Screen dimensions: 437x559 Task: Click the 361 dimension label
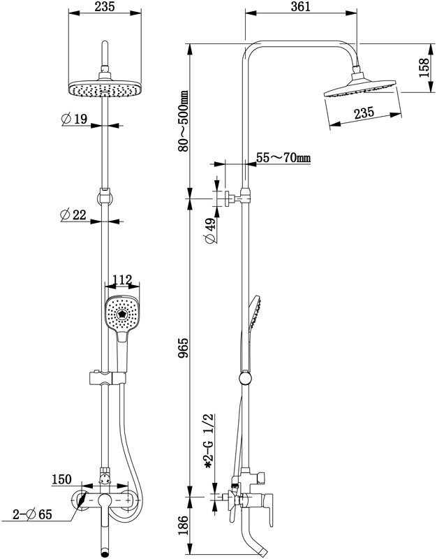pos(300,6)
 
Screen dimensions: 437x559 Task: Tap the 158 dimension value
pos(424,68)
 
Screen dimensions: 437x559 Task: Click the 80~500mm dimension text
pos(183,121)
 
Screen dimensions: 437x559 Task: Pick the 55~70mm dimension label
pos(283,157)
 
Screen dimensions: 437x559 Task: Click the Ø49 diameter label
pos(210,231)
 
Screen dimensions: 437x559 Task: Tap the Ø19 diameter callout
pos(74,119)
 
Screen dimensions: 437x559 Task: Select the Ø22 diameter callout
pos(73,215)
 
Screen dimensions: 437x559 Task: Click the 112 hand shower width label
pos(122,280)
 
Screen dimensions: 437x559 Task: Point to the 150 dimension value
pos(61,479)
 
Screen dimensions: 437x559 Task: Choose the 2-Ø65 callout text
pos(32,514)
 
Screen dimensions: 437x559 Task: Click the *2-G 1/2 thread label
pos(208,441)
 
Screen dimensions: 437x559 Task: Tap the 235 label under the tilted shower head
pos(364,113)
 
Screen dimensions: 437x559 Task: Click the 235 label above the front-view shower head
pos(105,6)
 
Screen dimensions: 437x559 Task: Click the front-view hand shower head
pos(121,313)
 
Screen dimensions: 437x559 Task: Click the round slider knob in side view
pos(244,378)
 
